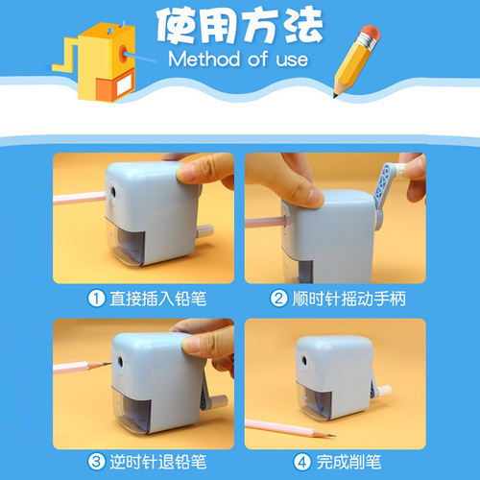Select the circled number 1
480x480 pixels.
point(97,299)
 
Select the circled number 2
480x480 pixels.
point(277,299)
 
